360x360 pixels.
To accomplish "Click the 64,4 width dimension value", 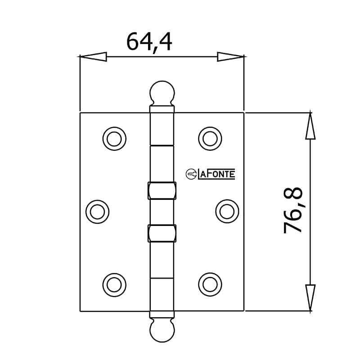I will point(149,42).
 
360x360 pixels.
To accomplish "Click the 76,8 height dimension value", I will point(294,211).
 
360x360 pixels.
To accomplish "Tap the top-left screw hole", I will point(114,139).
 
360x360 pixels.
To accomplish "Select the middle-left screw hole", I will point(98,211).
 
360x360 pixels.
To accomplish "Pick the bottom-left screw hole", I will point(114,283).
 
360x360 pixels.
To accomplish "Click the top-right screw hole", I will point(210,139).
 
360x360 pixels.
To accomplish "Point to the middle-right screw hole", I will point(227,211).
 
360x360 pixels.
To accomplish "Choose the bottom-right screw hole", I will point(210,283).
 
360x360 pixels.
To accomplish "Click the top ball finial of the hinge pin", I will point(162,92).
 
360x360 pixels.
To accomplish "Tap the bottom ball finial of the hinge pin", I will point(162,331).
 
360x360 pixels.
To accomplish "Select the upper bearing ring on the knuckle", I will point(162,190).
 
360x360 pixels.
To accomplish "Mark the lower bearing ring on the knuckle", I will point(162,233).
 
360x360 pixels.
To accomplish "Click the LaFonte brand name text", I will point(216,174).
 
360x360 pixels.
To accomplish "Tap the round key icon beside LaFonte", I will point(191,174).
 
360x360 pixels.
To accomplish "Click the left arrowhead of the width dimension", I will point(93,57).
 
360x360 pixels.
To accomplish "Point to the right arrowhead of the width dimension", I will point(230,57).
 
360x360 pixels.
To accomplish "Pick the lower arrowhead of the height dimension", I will point(310,297).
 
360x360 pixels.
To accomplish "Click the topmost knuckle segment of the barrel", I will point(162,128).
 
